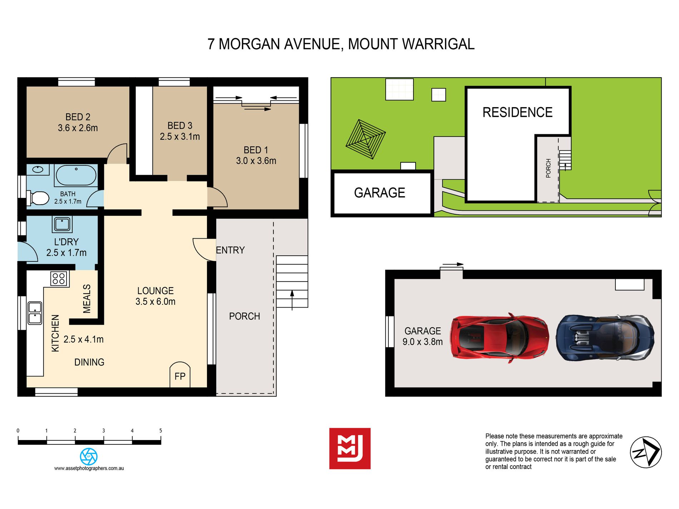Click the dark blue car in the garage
pos(605,338)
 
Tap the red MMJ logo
pos(350,448)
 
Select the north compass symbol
pos(645,452)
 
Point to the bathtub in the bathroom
pos(76,175)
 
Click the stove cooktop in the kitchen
pos(59,279)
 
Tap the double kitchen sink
pos(35,313)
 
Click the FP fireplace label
pos(180,376)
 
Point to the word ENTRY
pos(231,250)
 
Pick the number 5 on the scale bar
pos(160,431)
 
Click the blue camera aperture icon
pos(89,456)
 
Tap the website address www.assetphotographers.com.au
pos(89,468)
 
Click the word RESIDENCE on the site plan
pos(517,112)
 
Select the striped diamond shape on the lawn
pos(366,139)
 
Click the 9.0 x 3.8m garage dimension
pos(423,342)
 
